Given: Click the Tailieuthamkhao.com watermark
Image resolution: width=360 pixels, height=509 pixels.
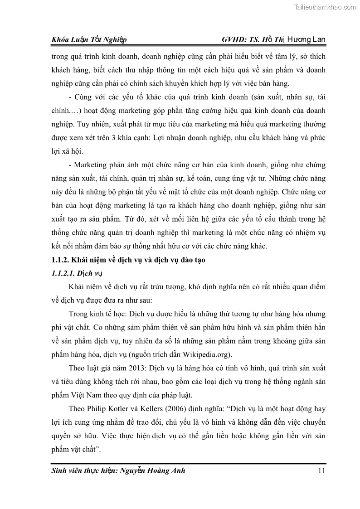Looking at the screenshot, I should pos(325,7).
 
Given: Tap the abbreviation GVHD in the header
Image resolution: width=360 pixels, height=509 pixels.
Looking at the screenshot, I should pos(234,40).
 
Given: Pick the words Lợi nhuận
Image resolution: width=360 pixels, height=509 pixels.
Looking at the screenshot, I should pos(170,137).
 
